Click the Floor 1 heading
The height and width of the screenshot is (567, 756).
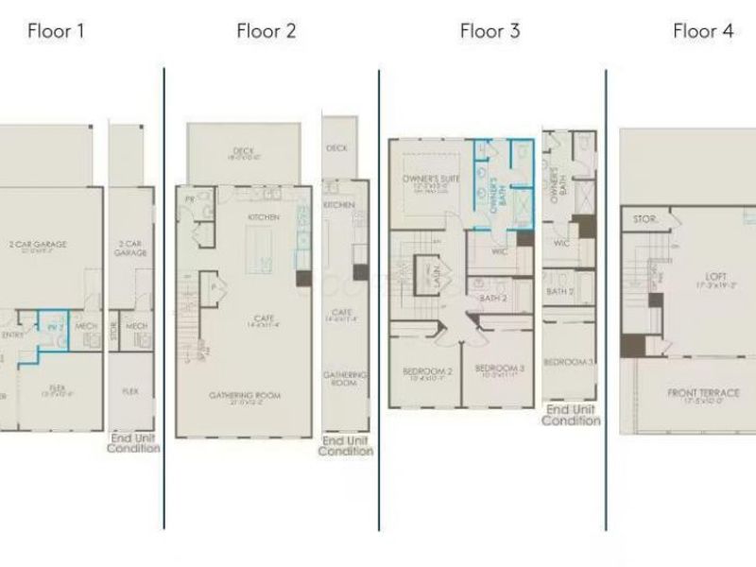coord(56,31)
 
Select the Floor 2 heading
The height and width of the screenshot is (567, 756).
coord(266,31)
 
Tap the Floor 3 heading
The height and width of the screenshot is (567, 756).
coord(490,31)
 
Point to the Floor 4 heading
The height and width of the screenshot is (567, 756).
coord(702,31)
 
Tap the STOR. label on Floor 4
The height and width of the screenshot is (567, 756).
coord(644,219)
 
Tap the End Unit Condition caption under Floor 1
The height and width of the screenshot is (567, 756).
coord(132,442)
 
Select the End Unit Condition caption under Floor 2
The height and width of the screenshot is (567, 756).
coord(345,446)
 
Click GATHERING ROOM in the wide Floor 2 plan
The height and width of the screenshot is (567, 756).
coord(244,395)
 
